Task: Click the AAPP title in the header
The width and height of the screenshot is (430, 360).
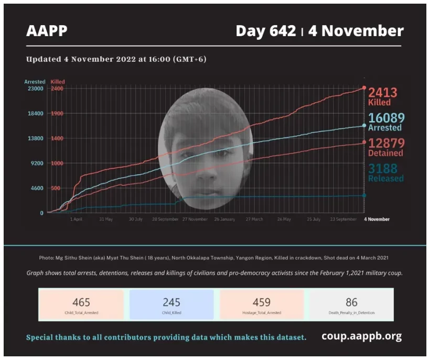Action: pos(47,31)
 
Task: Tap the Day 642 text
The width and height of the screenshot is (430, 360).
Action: pos(265,31)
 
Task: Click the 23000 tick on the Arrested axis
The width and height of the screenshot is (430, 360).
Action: pos(36,89)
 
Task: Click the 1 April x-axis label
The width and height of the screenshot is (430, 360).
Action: pos(76,219)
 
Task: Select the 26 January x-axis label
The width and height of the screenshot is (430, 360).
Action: pos(224,219)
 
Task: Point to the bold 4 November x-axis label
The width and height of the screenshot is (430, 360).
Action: pos(377,219)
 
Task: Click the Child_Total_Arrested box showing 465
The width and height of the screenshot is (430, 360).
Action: pos(81,305)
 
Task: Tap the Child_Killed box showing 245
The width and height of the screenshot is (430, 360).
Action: pos(171,305)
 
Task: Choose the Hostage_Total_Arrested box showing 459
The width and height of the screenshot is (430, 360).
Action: pos(262,305)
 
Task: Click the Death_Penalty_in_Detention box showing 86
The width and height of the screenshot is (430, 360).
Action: pos(351,305)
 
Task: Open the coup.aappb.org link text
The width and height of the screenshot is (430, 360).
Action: pos(361,336)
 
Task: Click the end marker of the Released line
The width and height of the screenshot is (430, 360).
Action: pos(364,195)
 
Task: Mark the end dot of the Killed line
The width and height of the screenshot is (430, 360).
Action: pos(364,88)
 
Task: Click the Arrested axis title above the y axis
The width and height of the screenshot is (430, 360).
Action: pos(35,82)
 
